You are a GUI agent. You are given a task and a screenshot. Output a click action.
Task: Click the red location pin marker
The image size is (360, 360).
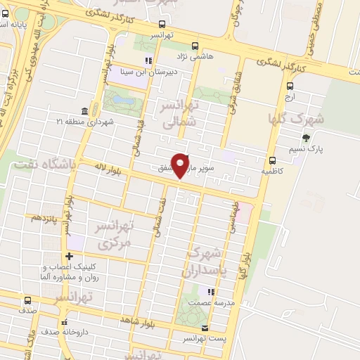[x=181, y=165]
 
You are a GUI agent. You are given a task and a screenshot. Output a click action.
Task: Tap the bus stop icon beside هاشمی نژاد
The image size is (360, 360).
[x=192, y=42]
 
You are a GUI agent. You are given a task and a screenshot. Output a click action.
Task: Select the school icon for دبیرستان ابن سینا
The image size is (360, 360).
[x=148, y=60]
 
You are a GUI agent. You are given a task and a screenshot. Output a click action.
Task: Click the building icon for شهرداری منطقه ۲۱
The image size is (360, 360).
[x=84, y=111]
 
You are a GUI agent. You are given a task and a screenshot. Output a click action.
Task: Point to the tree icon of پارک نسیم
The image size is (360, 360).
[x=305, y=138]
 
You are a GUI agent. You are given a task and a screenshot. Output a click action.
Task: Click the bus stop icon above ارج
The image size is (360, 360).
[x=290, y=86]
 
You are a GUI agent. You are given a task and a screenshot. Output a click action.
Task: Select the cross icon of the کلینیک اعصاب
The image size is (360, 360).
[x=69, y=256]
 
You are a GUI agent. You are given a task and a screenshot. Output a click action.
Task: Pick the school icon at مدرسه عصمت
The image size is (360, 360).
[x=210, y=291]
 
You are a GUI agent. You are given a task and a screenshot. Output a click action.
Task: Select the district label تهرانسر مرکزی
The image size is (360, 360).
[x=113, y=235]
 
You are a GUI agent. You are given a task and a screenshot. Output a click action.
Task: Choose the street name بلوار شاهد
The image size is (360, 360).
[x=136, y=320]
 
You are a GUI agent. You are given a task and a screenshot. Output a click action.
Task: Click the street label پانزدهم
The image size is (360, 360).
[x=42, y=218]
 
